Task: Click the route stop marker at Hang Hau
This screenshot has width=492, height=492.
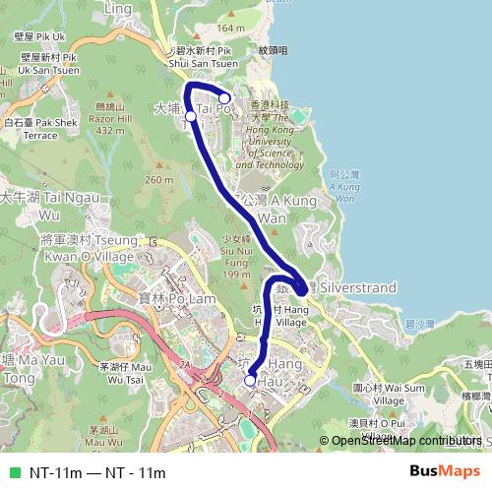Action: click(250, 381)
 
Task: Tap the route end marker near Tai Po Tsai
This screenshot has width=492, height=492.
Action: click(224, 97)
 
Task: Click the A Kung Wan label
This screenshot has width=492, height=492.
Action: click(264, 207)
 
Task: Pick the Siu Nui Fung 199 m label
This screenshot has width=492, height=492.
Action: click(237, 255)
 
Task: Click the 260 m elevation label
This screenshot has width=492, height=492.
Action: click(158, 180)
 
